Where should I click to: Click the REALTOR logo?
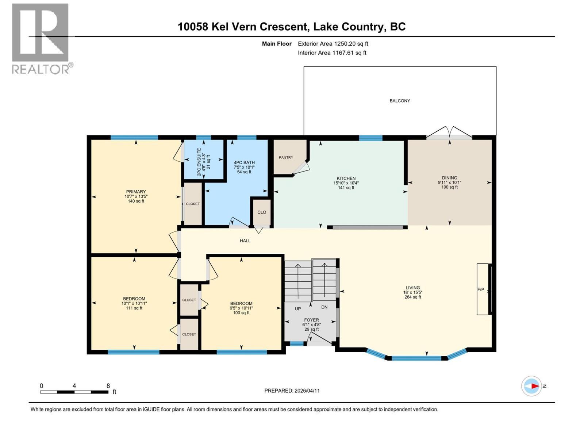pos(42,39)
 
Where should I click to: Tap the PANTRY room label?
pos(286,157)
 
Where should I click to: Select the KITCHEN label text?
pos(346,178)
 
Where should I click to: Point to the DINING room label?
pos(449,178)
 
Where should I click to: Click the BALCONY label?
pos(400,101)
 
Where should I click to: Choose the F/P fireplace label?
pos(480,289)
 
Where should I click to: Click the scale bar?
pos(74,392)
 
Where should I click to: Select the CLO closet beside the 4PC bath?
pos(262,212)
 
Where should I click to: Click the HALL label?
pos(245,241)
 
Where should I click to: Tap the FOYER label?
pos(311,320)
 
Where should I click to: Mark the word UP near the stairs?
pos(298,309)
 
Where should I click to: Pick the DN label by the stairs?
pos(324,307)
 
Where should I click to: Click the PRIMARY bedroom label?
pos(136,192)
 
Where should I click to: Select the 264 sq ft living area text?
pos(413,297)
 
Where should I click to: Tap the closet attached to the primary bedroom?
pos(193,204)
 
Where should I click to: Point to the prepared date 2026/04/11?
pos(307,391)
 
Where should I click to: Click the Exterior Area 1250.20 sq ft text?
pos(333,43)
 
